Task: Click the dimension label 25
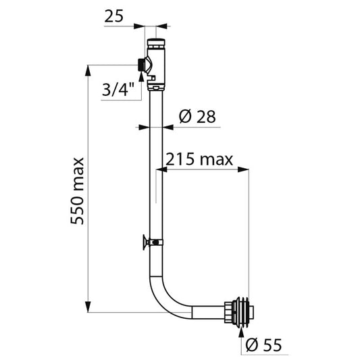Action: coord(114,16)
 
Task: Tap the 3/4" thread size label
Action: coord(118,89)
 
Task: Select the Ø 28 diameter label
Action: coord(197,116)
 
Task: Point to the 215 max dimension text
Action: coord(199,159)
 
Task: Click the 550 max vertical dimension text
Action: coord(77,191)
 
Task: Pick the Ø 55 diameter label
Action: coord(263,344)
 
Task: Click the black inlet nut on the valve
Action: coord(141,65)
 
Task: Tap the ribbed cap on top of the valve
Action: coord(156,44)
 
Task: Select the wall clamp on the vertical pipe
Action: coord(153,242)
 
